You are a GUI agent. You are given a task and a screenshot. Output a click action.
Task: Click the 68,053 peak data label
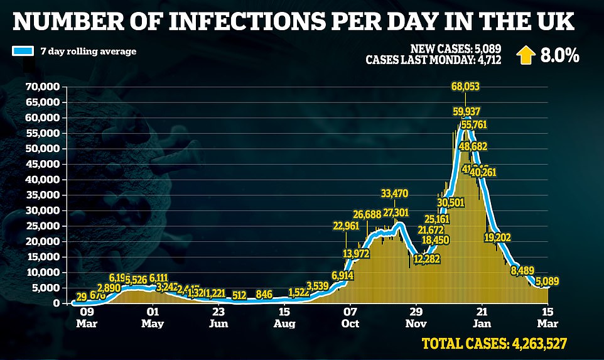tap(465, 86)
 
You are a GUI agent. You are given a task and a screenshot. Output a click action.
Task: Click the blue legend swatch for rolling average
tap(23, 52)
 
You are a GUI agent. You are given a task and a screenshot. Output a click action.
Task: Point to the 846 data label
tap(264, 293)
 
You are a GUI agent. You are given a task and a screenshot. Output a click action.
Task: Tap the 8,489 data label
tap(527, 271)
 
